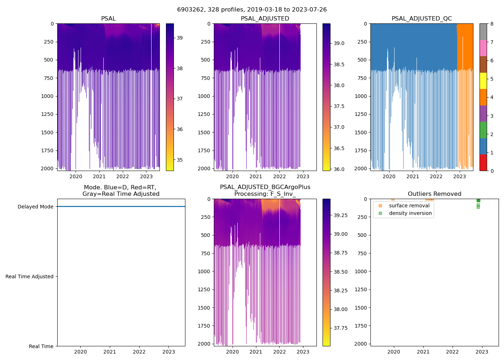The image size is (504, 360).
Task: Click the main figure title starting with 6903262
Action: tap(252, 10)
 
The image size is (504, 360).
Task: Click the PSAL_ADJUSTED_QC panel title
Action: tap(422, 19)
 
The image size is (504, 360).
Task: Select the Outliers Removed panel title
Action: tap(434, 194)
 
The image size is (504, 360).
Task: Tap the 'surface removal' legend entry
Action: tap(409, 206)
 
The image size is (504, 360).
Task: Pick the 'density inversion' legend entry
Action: tap(410, 213)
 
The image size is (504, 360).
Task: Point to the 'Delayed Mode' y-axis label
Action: tap(35, 207)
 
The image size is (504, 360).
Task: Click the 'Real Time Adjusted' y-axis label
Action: tap(29, 276)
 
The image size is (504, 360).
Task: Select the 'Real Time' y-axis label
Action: tap(41, 346)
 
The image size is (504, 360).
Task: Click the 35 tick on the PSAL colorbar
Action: tap(180, 160)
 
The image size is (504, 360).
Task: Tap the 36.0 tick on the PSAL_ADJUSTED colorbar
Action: tap(339, 169)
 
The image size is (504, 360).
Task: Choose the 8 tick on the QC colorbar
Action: tap(492, 24)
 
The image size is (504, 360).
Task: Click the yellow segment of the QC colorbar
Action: tap(483, 81)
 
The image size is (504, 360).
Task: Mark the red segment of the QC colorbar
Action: tap(483, 163)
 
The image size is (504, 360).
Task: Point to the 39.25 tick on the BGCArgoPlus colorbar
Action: tap(341, 215)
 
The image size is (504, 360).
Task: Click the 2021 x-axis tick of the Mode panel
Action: tap(110, 352)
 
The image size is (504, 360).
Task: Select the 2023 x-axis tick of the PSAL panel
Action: tap(146, 176)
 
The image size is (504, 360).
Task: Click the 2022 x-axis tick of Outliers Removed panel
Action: tap(453, 352)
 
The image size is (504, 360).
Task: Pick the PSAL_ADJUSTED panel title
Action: tap(265, 19)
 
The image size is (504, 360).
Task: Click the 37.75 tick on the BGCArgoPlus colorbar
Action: tap(341, 328)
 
